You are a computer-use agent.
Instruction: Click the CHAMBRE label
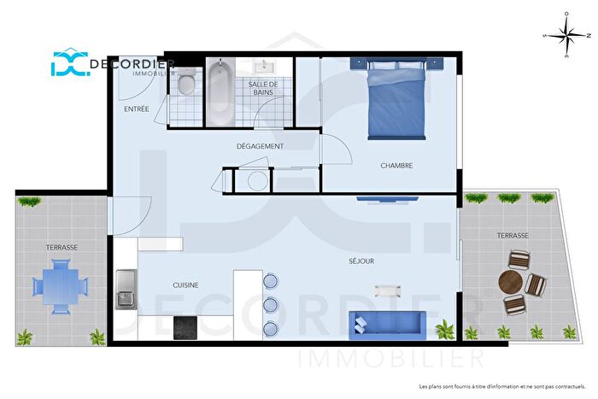(396, 166)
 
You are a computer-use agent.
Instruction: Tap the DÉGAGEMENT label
(260, 146)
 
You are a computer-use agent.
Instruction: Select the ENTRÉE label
(137, 109)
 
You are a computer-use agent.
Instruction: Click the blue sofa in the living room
(387, 323)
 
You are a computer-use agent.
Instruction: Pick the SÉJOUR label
(361, 261)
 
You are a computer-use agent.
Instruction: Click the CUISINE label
(186, 285)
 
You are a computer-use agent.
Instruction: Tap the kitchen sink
(126, 289)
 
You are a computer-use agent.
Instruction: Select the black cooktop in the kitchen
(186, 326)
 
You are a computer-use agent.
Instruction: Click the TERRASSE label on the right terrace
(512, 235)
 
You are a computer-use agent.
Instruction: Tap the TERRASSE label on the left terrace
(62, 247)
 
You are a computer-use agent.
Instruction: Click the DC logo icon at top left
(70, 64)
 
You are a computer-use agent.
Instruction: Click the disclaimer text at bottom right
(500, 385)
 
